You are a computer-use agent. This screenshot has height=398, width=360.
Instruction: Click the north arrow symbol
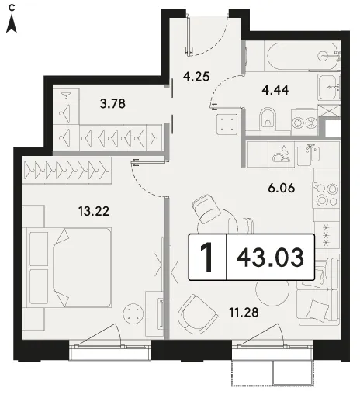pyautogui.click(x=12, y=24)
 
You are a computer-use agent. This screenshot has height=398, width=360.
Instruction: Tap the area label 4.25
pyautogui.click(x=196, y=77)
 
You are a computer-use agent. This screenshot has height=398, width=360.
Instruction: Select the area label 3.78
pyautogui.click(x=112, y=103)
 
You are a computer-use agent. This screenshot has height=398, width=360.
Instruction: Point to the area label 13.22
pyautogui.click(x=94, y=211)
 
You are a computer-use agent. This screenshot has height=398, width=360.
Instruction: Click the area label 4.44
pyautogui.click(x=275, y=90)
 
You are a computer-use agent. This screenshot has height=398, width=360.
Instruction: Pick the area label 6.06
pyautogui.click(x=282, y=188)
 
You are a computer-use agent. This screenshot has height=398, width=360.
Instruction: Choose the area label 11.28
pyautogui.click(x=244, y=313)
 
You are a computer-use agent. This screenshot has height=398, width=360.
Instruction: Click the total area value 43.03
pyautogui.click(x=270, y=258)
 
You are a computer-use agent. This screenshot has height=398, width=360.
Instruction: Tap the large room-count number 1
pyautogui.click(x=207, y=258)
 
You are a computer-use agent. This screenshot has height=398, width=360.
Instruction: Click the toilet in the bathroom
pyautogui.click(x=268, y=118)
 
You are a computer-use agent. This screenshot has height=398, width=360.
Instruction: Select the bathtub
pyautogui.click(x=303, y=56)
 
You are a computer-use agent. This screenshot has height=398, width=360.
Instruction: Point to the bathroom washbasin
pyautogui.click(x=328, y=87)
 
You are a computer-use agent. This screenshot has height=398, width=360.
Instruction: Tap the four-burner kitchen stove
pyautogui.click(x=326, y=195)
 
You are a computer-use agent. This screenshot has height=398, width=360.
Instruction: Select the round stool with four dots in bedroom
pyautogui.click(x=133, y=313)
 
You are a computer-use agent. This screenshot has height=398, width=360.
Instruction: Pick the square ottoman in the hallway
pyautogui.click(x=227, y=124)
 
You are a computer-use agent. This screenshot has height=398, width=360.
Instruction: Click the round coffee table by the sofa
pyautogui.click(x=272, y=289)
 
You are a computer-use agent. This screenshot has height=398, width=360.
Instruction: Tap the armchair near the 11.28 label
pyautogui.click(x=197, y=314)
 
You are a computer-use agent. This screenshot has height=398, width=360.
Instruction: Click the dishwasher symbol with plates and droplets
pyautogui.click(x=282, y=155)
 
